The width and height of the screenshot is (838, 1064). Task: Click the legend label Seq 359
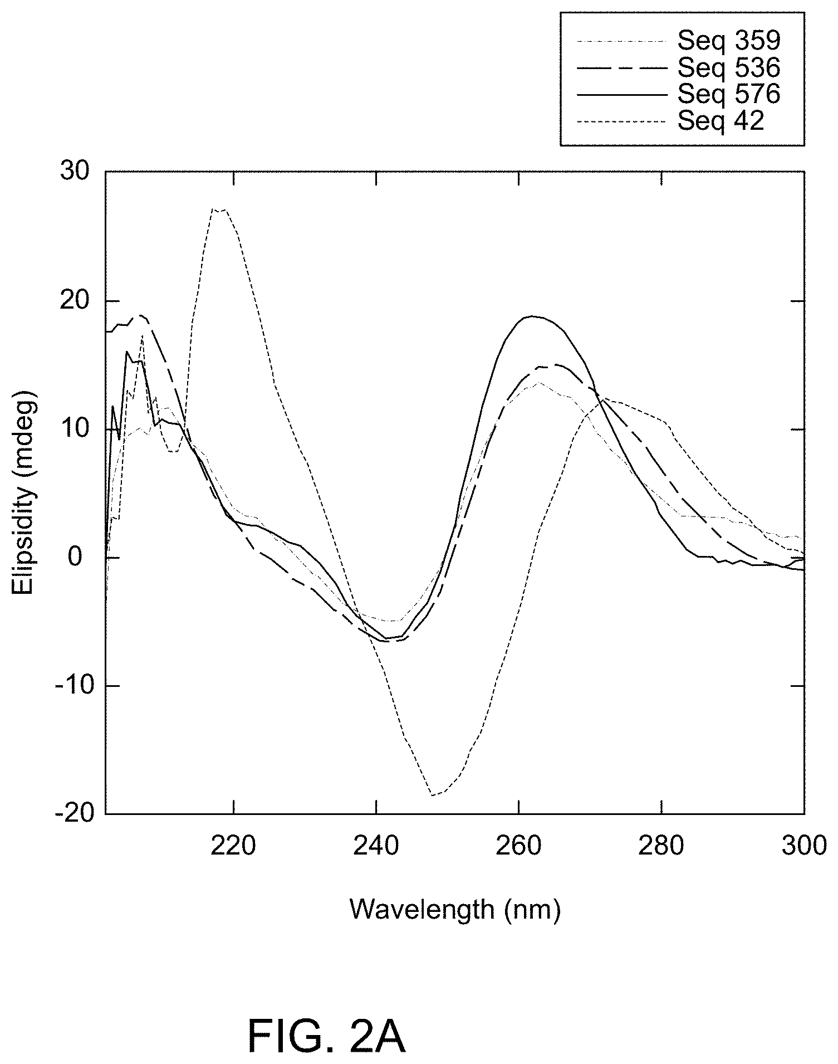pyautogui.click(x=729, y=40)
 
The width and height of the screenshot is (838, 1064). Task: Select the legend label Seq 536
pyautogui.click(x=729, y=67)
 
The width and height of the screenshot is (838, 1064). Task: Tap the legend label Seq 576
pyautogui.click(x=729, y=94)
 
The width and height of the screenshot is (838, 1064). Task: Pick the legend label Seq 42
pyautogui.click(x=721, y=121)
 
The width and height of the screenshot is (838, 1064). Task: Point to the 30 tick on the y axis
pyautogui.click(x=74, y=172)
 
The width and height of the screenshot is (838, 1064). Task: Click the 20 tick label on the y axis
pyautogui.click(x=74, y=301)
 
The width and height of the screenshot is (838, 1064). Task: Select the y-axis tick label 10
pyautogui.click(x=74, y=429)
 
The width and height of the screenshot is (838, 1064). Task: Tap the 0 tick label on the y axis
pyautogui.click(x=82, y=557)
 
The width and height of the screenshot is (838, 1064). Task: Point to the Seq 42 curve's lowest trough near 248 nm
pyautogui.click(x=433, y=795)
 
